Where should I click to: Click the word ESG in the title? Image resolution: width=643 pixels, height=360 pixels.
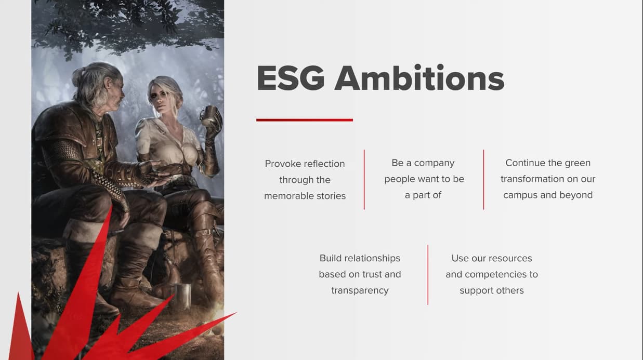pyautogui.click(x=291, y=78)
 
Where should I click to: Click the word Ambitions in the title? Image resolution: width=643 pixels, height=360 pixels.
pyautogui.click(x=419, y=77)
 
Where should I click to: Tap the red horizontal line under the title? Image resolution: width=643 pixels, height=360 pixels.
pyautogui.click(x=305, y=120)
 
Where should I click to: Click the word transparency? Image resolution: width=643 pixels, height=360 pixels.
pyautogui.click(x=360, y=290)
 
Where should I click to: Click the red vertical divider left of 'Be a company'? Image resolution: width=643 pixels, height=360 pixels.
pyautogui.click(x=364, y=180)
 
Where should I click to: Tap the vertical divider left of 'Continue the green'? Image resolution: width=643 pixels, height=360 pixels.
pyautogui.click(x=484, y=180)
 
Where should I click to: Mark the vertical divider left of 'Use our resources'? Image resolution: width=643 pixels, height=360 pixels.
pyautogui.click(x=428, y=275)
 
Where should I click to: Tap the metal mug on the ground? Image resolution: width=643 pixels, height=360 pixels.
pyautogui.click(x=182, y=296)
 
